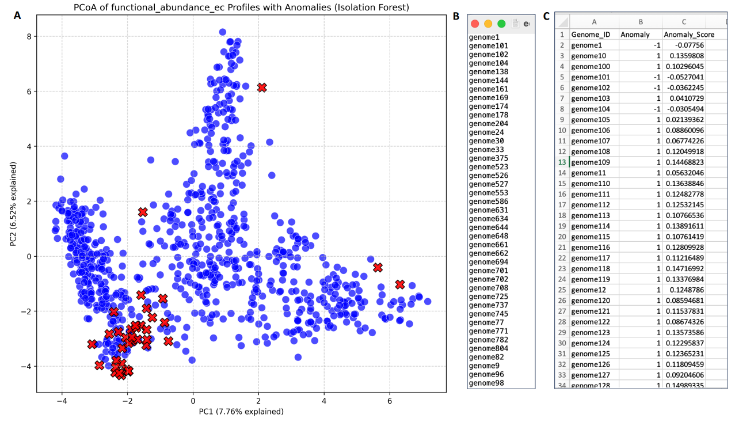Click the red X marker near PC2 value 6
point(262,88)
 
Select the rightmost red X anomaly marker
point(400,284)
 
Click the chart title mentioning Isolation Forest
point(241,7)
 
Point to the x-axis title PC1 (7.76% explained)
point(241,412)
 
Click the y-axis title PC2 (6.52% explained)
point(13,204)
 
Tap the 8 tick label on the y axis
point(27,36)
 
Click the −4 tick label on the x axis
point(62,401)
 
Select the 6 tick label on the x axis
point(390,401)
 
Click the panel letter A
point(17,16)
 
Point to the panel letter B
point(456,16)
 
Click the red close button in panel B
point(475,24)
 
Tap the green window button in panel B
point(501,24)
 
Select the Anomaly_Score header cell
point(689,35)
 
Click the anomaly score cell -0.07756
point(691,45)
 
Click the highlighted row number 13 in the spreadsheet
point(562,162)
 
